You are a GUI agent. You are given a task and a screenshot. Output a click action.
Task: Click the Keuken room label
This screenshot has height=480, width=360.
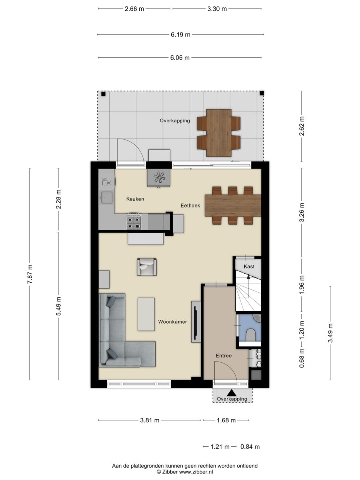pos(135,199)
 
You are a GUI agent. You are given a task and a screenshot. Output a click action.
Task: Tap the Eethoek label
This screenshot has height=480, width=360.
pos(190,206)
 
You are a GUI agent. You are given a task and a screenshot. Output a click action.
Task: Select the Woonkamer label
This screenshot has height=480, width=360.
pos(173,322)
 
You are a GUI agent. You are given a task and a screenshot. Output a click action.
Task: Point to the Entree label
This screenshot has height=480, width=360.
pos(224,355)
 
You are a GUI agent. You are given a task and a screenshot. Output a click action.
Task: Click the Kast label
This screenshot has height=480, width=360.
pos(249,267)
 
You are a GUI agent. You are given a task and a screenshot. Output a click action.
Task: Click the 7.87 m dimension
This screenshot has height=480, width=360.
pos(30,274)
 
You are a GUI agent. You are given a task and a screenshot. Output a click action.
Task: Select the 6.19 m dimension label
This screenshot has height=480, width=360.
pos(180,34)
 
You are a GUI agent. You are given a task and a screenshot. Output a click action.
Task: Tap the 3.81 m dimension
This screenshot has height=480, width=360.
pos(149,420)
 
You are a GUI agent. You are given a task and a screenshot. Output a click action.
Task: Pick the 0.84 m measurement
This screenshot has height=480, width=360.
pos(250,447)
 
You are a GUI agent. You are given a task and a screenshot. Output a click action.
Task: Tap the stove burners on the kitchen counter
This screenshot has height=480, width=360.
pos(134,221)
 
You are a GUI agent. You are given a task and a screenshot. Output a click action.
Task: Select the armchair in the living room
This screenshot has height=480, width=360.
pos(147,267)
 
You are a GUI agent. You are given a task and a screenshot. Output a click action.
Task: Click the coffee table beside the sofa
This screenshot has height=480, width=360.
pos(146,314)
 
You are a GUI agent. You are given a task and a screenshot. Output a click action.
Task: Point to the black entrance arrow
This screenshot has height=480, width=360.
pos(232,393)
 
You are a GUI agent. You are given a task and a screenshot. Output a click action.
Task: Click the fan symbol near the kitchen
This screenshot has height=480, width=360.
pos(159,177)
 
